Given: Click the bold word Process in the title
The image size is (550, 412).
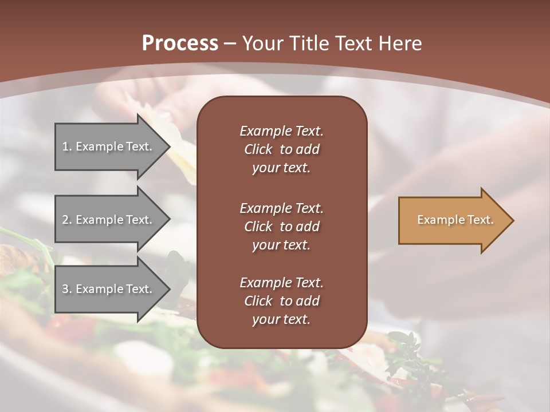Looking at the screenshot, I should (180, 43).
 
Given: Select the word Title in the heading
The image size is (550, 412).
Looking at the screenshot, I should (308, 43).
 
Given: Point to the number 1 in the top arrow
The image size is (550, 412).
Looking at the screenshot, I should (65, 146).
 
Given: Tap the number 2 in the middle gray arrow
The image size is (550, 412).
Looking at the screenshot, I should (65, 220).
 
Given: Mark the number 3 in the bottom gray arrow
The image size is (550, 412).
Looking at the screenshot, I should (65, 289).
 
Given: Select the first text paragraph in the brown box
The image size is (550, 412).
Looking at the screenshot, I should (281, 149).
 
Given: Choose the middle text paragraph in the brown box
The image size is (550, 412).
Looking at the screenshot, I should (281, 227).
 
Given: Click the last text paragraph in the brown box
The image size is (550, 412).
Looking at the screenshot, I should (281, 301).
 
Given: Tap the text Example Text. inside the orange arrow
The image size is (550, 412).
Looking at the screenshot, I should (455, 220).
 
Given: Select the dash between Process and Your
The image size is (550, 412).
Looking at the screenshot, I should (230, 43).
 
